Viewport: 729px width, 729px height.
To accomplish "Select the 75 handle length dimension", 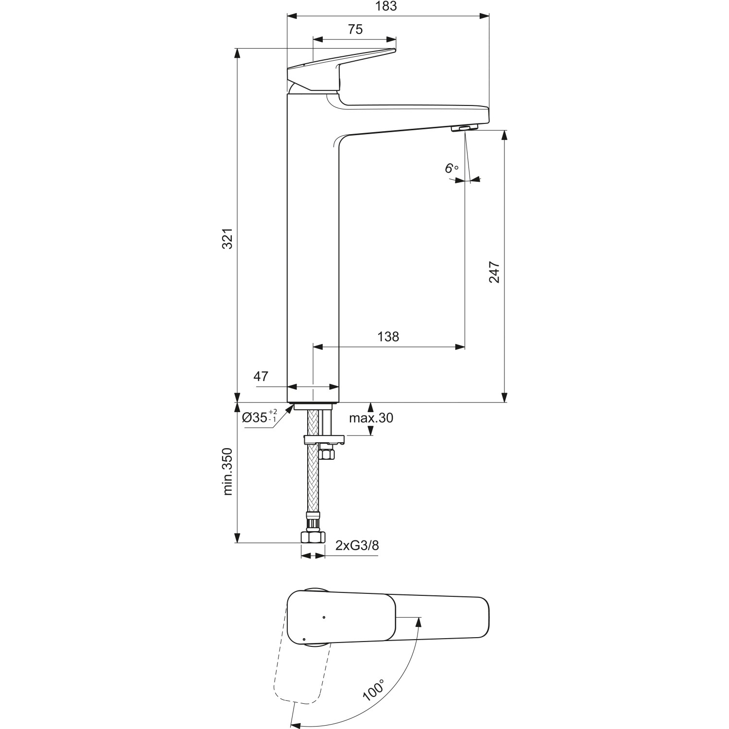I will (x=355, y=29).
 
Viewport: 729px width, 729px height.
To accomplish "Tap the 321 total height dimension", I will (x=228, y=238).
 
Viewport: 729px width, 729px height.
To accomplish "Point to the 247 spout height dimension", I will (x=494, y=272).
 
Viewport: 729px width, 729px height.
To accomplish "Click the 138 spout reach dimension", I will (x=388, y=336).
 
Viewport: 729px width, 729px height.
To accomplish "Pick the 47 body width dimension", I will (x=261, y=376).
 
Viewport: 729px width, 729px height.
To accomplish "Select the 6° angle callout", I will (x=451, y=169).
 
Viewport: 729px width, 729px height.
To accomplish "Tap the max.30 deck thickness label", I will (x=371, y=418).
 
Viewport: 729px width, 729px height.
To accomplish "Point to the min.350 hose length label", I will (x=228, y=471).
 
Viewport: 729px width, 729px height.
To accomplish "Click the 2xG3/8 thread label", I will (x=357, y=546).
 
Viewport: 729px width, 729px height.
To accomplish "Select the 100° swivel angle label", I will (x=373, y=687).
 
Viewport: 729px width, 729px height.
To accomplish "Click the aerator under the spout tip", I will (x=465, y=128).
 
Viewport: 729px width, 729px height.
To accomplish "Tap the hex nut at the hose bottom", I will (x=313, y=538).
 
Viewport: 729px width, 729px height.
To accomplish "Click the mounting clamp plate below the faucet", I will (x=324, y=440).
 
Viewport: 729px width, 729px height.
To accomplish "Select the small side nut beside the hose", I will (x=327, y=454).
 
